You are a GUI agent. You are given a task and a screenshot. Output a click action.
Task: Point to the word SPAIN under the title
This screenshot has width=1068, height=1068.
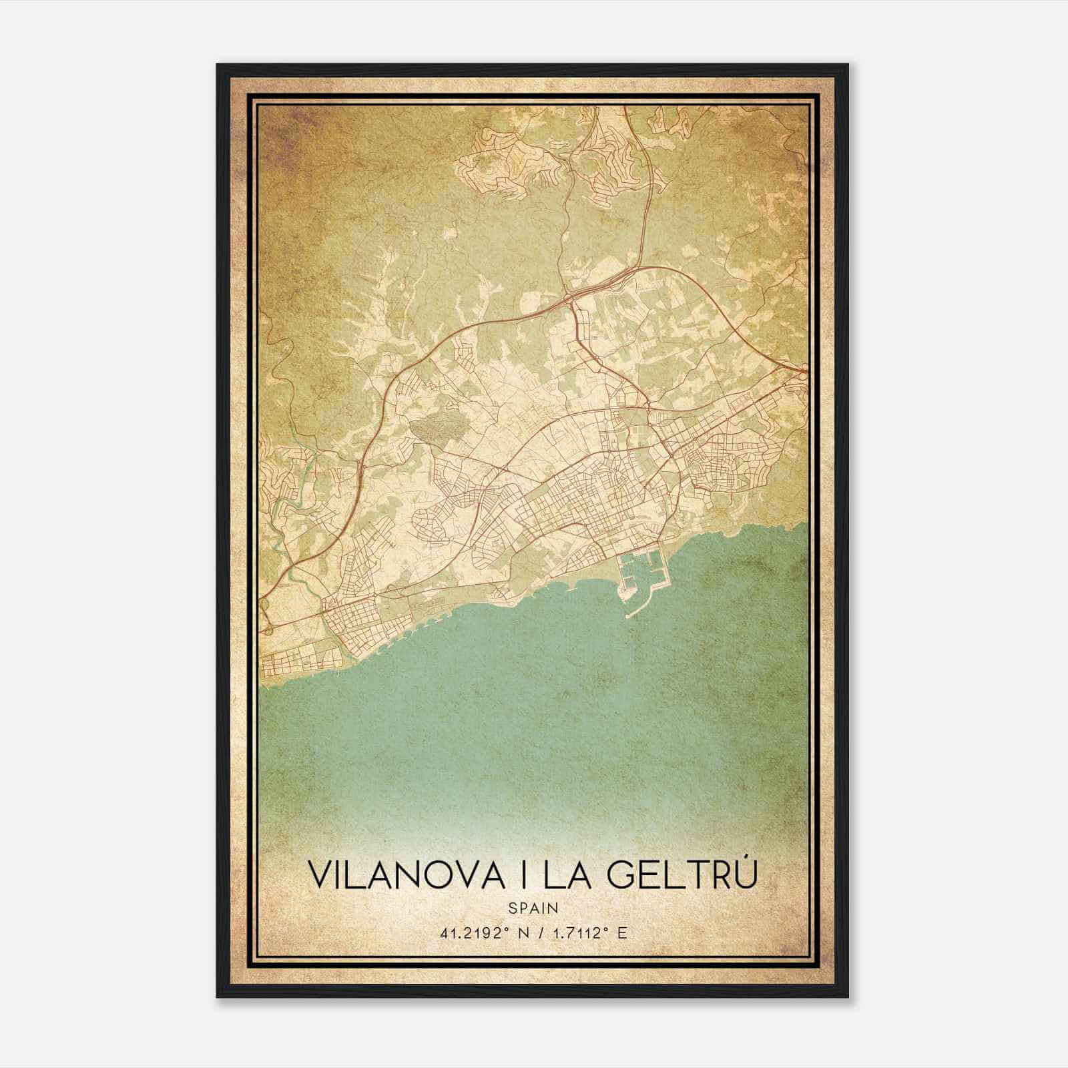pyautogui.click(x=533, y=908)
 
